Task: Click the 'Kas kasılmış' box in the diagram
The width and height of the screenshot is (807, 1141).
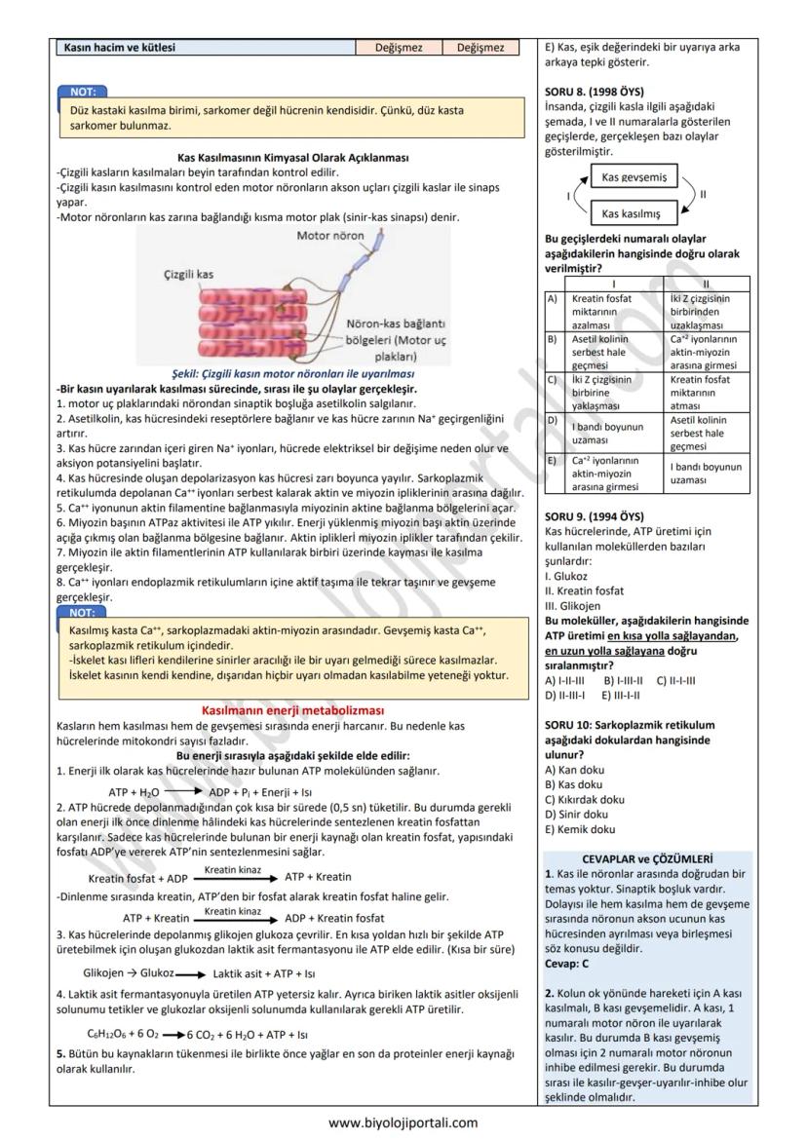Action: click(632, 213)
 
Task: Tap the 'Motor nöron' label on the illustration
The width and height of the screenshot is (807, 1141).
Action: click(330, 236)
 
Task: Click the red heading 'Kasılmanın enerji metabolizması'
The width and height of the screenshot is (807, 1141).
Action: click(292, 710)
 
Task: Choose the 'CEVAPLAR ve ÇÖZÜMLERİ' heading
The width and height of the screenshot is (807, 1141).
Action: click(647, 858)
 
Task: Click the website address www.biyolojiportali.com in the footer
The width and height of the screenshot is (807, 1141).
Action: click(403, 1122)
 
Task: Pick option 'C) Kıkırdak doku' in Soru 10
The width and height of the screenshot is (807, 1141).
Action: click(585, 799)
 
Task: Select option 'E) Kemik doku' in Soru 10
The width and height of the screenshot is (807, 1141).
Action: click(580, 829)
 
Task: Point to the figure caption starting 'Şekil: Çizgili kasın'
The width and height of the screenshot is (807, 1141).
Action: click(292, 373)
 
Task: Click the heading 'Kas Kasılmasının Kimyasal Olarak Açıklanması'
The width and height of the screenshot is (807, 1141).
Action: click(292, 157)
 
